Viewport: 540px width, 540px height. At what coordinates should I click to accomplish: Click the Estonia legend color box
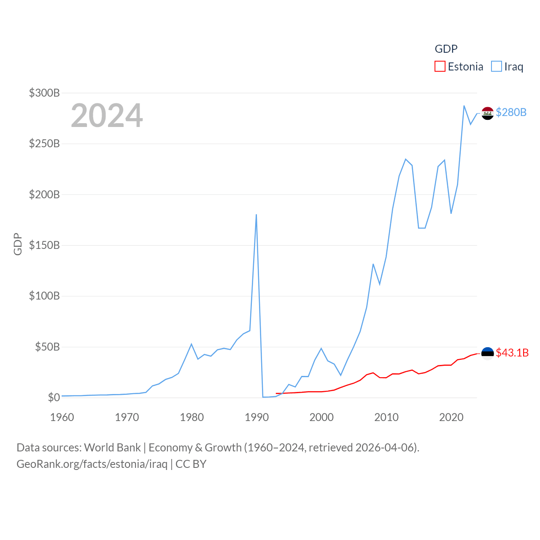pyautogui.click(x=440, y=67)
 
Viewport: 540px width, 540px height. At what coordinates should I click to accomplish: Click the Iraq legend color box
pyautogui.click(x=497, y=67)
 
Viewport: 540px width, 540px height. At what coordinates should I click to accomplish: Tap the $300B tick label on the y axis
pyautogui.click(x=44, y=93)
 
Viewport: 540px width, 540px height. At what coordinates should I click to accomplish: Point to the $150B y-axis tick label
pyautogui.click(x=44, y=245)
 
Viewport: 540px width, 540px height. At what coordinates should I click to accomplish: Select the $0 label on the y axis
pyautogui.click(x=54, y=397)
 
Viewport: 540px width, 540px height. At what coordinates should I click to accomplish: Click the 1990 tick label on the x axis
pyautogui.click(x=256, y=417)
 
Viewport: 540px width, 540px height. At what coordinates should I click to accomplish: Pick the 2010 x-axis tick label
pyautogui.click(x=386, y=417)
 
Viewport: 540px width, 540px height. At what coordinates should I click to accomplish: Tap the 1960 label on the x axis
pyautogui.click(x=62, y=417)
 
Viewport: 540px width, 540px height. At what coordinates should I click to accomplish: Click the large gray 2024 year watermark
pyautogui.click(x=107, y=115)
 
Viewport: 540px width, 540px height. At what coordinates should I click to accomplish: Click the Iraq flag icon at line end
pyautogui.click(x=488, y=113)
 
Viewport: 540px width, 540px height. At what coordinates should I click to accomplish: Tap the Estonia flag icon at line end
pyautogui.click(x=488, y=354)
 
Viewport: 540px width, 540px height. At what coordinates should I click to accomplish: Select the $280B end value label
pyautogui.click(x=511, y=112)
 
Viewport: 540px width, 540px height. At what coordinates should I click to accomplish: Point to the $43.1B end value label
pyautogui.click(x=512, y=353)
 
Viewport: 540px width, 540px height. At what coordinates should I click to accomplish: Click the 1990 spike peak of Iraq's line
pyautogui.click(x=256, y=215)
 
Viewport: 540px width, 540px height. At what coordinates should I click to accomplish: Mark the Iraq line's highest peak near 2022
pyautogui.click(x=464, y=106)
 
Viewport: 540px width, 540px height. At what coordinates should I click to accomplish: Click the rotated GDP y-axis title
pyautogui.click(x=18, y=244)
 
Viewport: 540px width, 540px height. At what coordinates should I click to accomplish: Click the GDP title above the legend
pyautogui.click(x=446, y=49)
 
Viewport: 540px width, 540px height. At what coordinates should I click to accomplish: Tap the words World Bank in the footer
pyautogui.click(x=112, y=447)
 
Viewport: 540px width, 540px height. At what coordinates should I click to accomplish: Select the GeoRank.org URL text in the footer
pyautogui.click(x=92, y=464)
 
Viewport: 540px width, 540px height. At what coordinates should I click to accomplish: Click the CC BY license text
pyautogui.click(x=191, y=464)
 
